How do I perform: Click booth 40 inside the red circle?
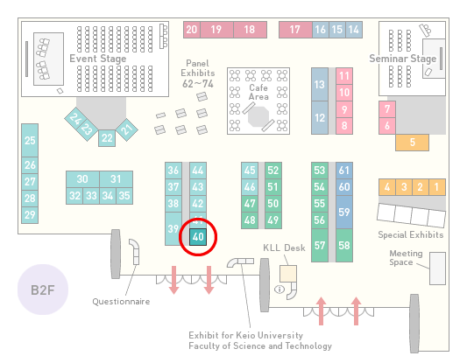(198, 237)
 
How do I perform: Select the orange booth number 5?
(412, 143)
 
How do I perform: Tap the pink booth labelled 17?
(295, 30)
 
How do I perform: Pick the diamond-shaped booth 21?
(127, 129)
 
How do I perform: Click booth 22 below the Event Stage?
(107, 138)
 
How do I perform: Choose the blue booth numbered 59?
(344, 212)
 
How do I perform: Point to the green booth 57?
(320, 245)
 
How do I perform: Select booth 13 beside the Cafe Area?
(320, 85)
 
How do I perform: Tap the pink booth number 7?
(387, 109)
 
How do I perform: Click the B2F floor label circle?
(43, 290)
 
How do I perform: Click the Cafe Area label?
(258, 92)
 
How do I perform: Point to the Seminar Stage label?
(403, 59)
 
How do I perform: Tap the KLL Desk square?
(288, 274)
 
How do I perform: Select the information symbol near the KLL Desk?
(279, 289)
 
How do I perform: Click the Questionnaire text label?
(121, 302)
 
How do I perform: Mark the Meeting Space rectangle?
(437, 269)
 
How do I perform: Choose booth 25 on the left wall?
(30, 140)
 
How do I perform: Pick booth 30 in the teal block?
(82, 179)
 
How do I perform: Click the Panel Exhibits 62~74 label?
(198, 73)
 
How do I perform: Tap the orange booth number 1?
(437, 187)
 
